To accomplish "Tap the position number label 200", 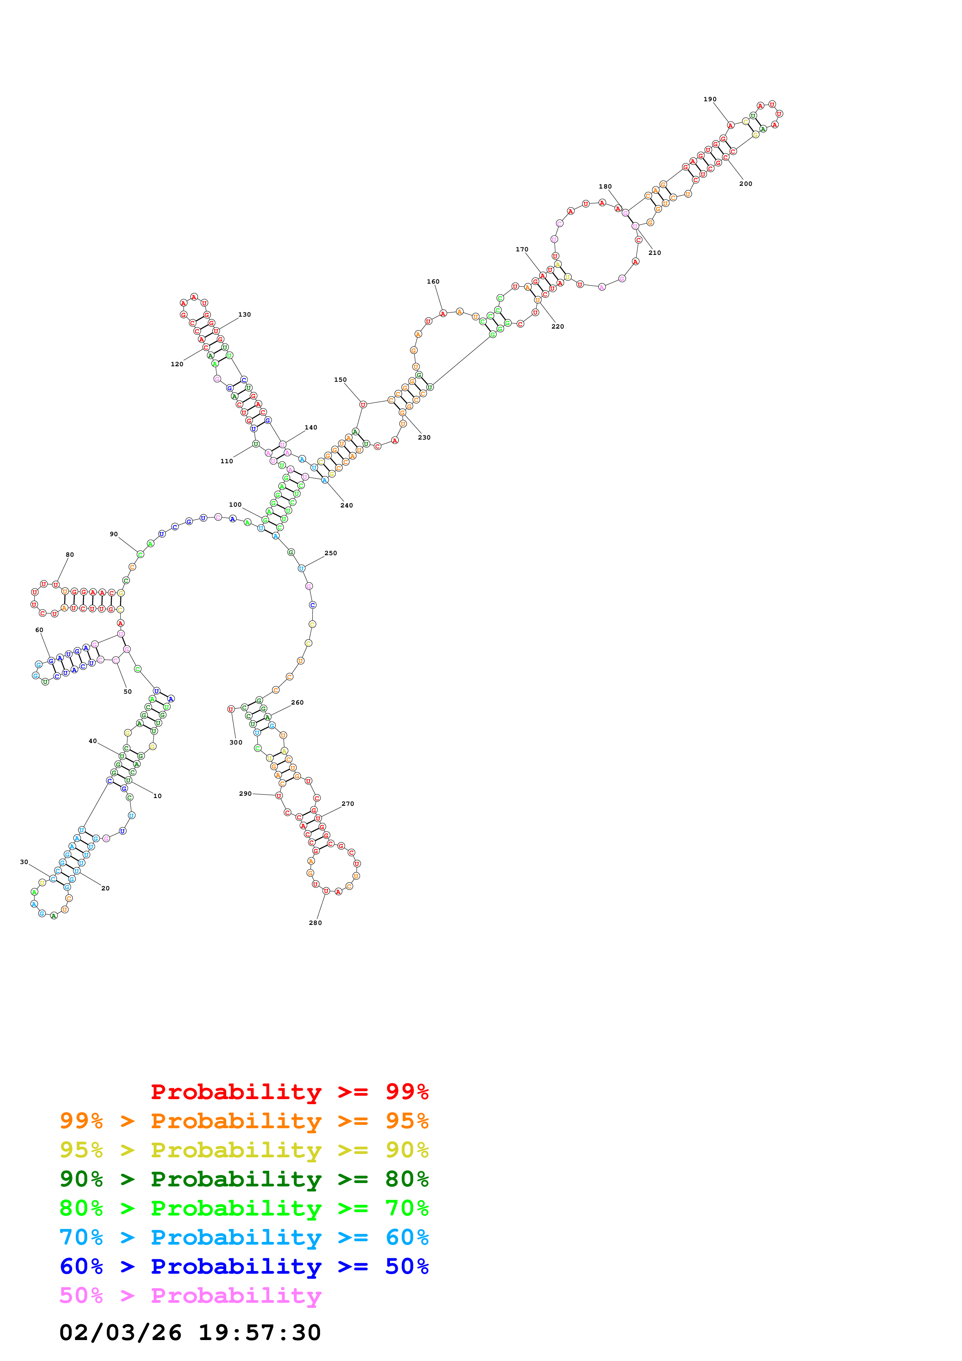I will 745,184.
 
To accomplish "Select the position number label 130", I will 244,315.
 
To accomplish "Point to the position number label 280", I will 315,923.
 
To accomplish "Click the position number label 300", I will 236,742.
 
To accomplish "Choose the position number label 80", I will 70,555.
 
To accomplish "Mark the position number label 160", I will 433,282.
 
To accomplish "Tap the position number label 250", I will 331,553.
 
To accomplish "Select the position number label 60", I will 39,630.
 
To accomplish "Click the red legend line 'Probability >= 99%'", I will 289,1091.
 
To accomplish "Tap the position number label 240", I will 347,506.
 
